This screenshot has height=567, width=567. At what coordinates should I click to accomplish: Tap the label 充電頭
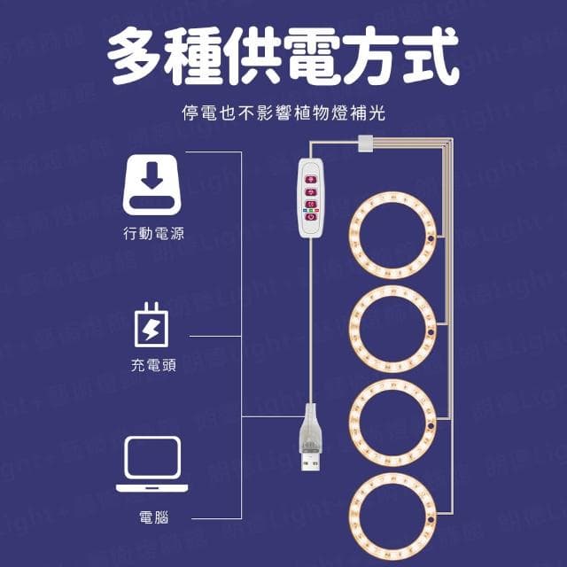point(155,365)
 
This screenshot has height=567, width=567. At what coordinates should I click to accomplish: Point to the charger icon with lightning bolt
point(153,325)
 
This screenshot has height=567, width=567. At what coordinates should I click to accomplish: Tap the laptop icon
point(153,464)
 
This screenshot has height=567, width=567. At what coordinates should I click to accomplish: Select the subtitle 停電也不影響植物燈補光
point(283,113)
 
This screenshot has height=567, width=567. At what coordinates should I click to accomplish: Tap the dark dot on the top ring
point(429,239)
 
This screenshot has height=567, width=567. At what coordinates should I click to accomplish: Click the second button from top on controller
point(310,190)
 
